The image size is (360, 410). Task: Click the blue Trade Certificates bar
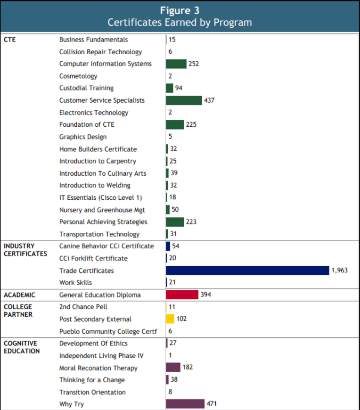click(247, 271)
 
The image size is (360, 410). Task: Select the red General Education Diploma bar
click(182, 295)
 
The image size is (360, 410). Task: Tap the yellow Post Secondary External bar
click(170, 319)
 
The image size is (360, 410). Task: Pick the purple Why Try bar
click(185, 404)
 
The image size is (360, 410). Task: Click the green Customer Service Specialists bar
click(184, 100)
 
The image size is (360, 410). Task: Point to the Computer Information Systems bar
click(176, 64)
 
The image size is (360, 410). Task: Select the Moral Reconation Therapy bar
click(173, 368)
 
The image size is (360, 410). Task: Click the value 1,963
click(339, 271)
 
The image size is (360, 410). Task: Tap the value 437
click(209, 100)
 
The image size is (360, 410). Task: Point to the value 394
click(206, 295)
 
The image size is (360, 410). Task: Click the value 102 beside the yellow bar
click(181, 319)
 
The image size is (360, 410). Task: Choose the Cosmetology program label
click(78, 76)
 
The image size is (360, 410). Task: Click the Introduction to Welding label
click(95, 185)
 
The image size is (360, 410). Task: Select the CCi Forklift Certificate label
click(93, 258)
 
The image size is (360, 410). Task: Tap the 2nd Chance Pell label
click(83, 307)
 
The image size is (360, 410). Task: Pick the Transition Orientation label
click(92, 392)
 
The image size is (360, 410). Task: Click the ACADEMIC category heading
click(19, 295)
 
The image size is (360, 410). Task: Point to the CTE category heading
click(9, 40)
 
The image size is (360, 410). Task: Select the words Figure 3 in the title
click(180, 10)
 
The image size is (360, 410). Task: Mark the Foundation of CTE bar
click(175, 124)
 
